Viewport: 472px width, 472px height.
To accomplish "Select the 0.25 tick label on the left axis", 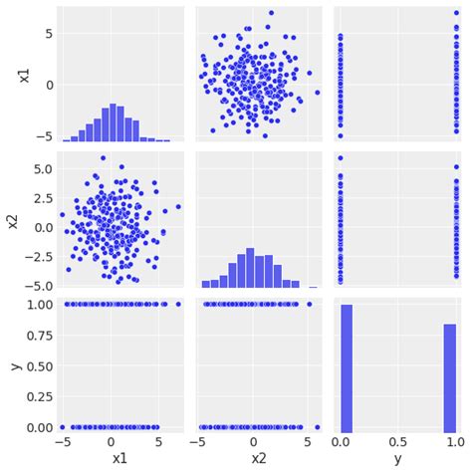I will point(33,396).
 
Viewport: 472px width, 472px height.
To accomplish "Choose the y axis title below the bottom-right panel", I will point(398,460).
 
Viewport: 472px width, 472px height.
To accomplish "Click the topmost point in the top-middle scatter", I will point(271,13).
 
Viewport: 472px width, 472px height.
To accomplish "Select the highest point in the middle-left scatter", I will point(103,157).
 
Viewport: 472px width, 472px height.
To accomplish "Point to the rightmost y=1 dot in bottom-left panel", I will point(178,304).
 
